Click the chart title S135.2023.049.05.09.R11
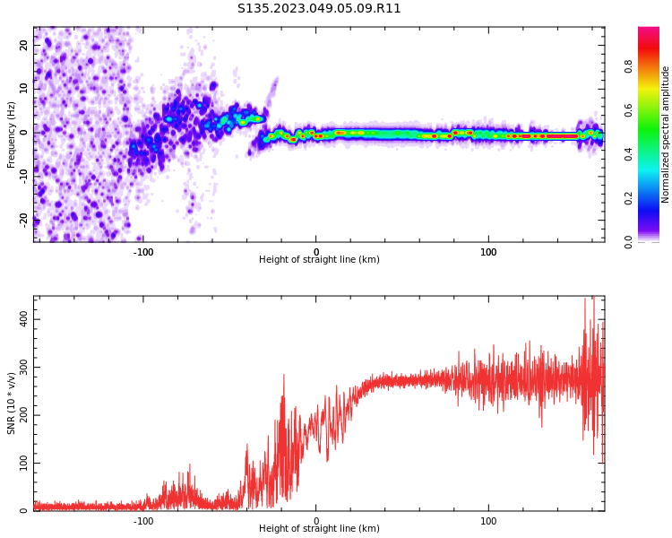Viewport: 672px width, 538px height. click(319, 9)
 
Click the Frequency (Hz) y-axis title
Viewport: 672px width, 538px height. click(12, 134)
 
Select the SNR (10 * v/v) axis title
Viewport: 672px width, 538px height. click(12, 403)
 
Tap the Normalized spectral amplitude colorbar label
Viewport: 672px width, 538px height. click(666, 134)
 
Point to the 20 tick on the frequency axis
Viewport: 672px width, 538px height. click(24, 46)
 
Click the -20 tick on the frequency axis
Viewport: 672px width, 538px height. click(24, 218)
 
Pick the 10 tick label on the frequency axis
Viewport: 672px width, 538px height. click(24, 89)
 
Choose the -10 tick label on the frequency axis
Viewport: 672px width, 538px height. click(24, 175)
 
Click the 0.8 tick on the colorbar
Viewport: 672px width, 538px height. click(653, 66)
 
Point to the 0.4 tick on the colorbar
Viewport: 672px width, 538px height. click(653, 154)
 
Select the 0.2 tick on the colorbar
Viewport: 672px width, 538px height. click(653, 197)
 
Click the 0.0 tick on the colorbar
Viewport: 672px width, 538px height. click(653, 241)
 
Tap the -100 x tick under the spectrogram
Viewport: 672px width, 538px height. click(143, 252)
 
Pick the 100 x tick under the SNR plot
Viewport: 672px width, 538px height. click(488, 520)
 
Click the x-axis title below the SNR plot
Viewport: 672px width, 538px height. click(319, 529)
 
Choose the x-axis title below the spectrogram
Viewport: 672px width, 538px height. click(319, 260)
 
